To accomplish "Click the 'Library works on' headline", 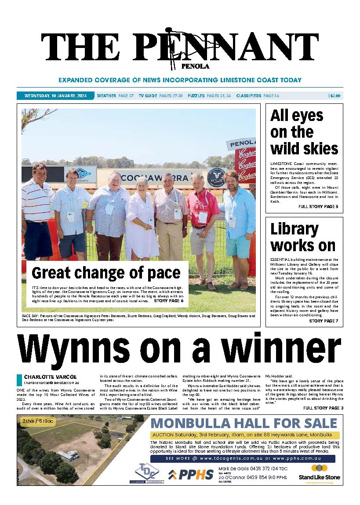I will [x=302, y=237].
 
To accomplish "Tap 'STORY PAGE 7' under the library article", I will [x=324, y=321].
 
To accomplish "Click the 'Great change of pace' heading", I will [x=106, y=273].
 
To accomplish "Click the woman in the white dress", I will [x=141, y=220].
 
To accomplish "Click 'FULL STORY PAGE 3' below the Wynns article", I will [x=323, y=408].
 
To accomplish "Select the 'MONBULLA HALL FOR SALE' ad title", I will [x=244, y=424].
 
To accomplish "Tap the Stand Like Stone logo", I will [x=313, y=473].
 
